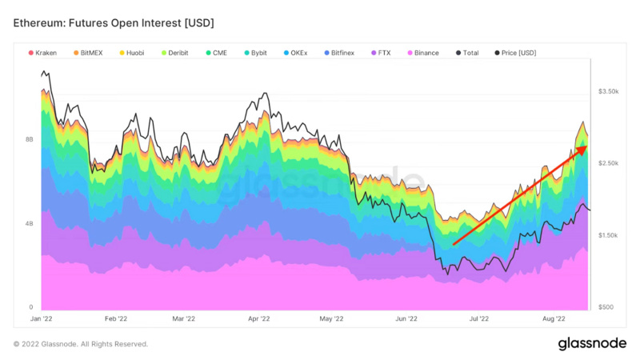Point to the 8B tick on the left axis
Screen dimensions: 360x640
click(x=29, y=139)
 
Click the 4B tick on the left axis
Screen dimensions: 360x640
click(x=29, y=223)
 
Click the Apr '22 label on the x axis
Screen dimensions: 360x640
click(x=257, y=318)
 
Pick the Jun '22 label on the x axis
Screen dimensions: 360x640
click(x=406, y=318)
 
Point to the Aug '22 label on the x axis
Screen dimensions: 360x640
click(x=554, y=318)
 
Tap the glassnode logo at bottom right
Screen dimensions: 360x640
click(x=592, y=343)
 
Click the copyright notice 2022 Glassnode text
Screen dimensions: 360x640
click(x=81, y=344)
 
